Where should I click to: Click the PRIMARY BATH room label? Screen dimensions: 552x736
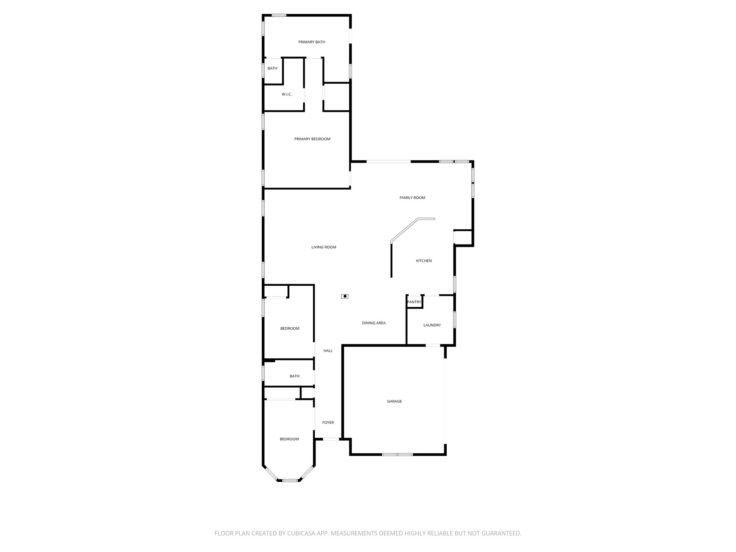tap(312, 42)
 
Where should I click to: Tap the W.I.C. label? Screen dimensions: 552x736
tap(286, 94)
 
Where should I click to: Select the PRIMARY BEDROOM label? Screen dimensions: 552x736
tap(312, 139)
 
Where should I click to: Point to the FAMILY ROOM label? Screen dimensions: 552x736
tap(412, 198)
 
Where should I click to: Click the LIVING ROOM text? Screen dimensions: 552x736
tap(323, 247)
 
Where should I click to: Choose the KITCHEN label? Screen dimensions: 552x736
tap(424, 261)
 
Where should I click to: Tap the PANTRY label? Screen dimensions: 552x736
tap(414, 302)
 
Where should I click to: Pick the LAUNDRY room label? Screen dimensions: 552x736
tap(432, 325)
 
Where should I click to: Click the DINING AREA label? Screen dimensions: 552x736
tap(373, 323)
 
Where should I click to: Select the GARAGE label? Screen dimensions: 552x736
tap(394, 401)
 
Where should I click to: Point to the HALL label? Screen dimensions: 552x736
tap(328, 351)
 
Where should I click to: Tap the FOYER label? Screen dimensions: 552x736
tap(328, 423)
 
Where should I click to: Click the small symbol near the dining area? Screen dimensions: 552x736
tap(345, 296)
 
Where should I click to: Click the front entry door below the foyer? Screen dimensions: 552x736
tap(331, 439)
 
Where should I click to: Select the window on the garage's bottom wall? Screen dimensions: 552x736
tap(397, 455)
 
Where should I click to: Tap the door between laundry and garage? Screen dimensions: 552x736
tap(433, 345)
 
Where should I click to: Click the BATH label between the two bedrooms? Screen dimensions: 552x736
tap(294, 376)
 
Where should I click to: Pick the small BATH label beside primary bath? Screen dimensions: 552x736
tap(272, 68)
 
